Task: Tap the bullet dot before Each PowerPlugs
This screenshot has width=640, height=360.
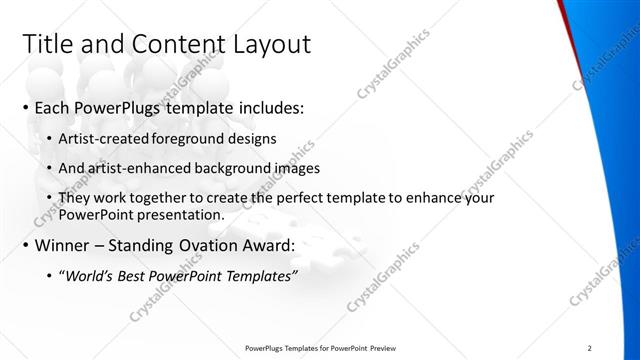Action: [x=25, y=107]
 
